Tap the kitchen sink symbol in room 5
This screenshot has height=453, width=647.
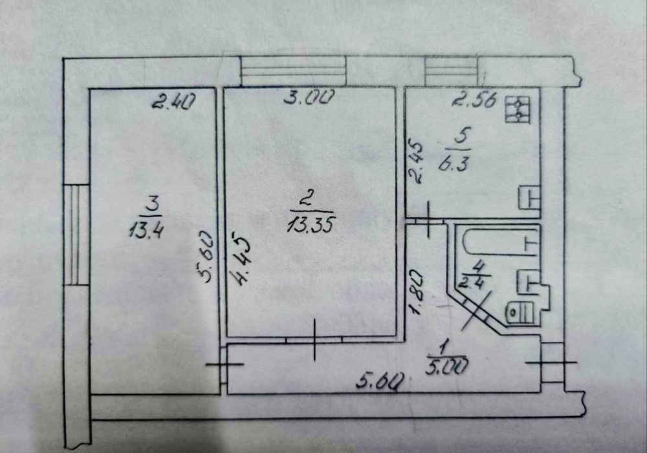(x=530, y=197)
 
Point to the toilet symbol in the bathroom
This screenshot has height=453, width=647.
(x=520, y=311)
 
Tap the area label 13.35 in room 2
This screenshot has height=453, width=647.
(x=313, y=224)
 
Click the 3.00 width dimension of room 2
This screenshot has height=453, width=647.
(x=311, y=99)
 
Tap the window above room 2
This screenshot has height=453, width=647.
(x=293, y=70)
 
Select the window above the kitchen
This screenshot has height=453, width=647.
(x=451, y=70)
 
